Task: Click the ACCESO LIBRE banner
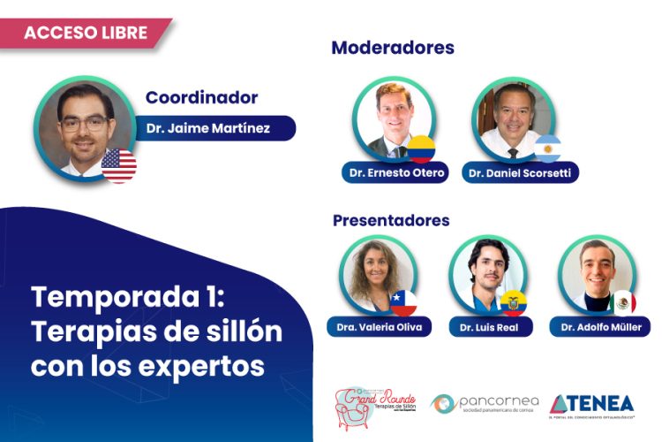[84, 33]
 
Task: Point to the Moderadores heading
[392, 48]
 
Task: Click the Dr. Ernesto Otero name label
[394, 171]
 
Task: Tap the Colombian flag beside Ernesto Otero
[420, 148]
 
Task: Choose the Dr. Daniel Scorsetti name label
[521, 171]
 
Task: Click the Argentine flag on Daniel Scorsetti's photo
[547, 148]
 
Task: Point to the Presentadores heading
[391, 220]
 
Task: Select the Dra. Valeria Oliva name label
[379, 327]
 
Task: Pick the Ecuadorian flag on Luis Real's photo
[513, 301]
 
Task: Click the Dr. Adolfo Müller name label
[600, 327]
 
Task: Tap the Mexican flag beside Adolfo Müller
[623, 302]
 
